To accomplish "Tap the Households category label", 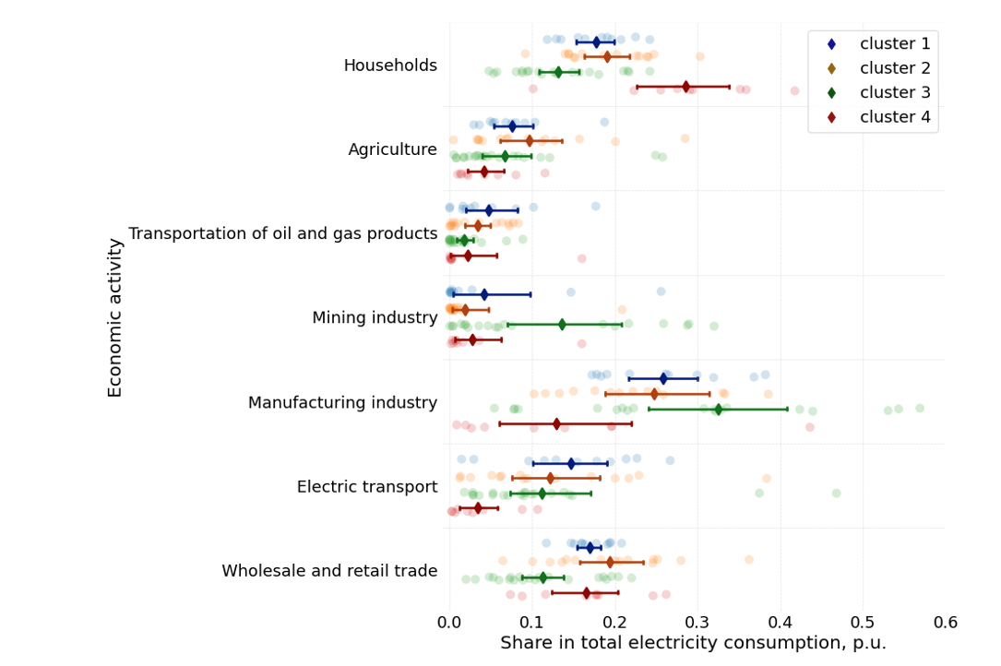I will (390, 65).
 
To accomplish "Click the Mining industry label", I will (375, 318).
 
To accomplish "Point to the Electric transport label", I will (367, 487).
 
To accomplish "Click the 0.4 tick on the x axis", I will (781, 623).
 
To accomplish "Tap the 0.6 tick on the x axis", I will (946, 623).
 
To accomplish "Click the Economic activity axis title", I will (115, 317).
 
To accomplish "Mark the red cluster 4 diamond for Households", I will (685, 87).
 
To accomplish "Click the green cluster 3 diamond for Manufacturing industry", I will (718, 410).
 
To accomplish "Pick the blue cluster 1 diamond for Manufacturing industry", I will (663, 378).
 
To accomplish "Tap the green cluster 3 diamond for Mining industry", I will (562, 325).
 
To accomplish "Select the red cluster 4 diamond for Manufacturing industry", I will (556, 424).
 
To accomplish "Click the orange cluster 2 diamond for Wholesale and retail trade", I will (610, 562).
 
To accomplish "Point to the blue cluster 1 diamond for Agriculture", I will (513, 126).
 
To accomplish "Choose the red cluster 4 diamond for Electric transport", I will (478, 508).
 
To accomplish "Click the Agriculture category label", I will (392, 149).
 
